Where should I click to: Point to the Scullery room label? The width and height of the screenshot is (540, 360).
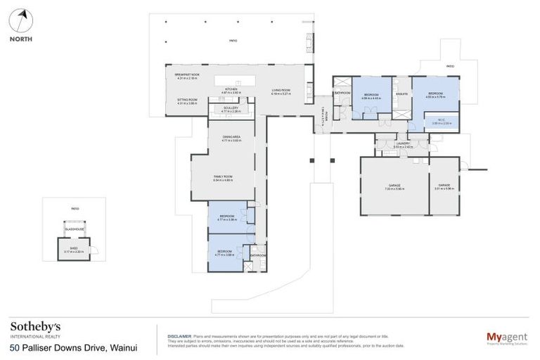(231, 109)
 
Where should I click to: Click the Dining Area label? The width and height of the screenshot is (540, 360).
(231, 139)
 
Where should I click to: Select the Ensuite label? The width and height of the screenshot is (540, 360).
(402, 94)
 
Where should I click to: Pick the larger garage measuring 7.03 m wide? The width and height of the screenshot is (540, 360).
(394, 187)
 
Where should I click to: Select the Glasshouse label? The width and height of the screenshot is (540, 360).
(75, 229)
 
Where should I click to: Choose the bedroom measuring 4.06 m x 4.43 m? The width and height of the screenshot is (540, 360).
(371, 96)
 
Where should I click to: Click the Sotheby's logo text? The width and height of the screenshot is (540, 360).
(35, 327)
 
